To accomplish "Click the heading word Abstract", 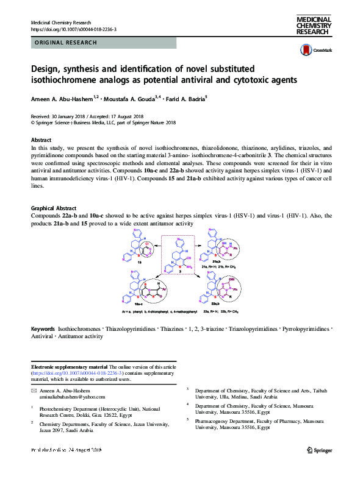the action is (x=42, y=140).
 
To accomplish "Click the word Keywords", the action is (x=43, y=328).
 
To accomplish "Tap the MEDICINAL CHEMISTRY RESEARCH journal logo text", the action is (x=312, y=27).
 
